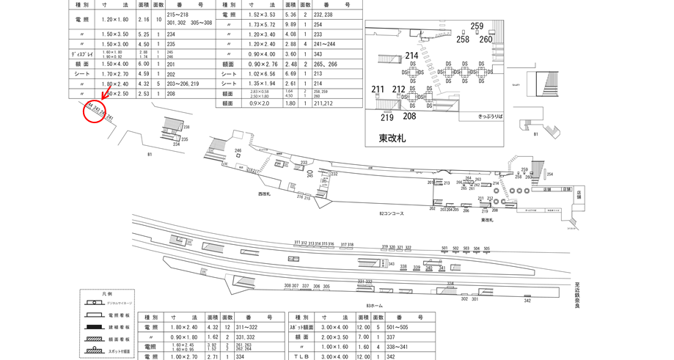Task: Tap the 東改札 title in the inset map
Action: click(x=393, y=137)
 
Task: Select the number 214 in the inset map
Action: click(x=411, y=55)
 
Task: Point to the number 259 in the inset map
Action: click(x=477, y=26)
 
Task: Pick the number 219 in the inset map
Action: click(x=387, y=117)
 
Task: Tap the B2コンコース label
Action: click(x=392, y=213)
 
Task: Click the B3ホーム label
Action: click(x=375, y=305)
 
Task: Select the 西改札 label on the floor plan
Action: click(x=264, y=194)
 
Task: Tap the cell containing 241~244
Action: click(x=327, y=44)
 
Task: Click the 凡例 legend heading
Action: click(x=108, y=293)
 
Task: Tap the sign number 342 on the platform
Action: click(x=527, y=301)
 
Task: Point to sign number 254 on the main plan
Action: click(x=549, y=175)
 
